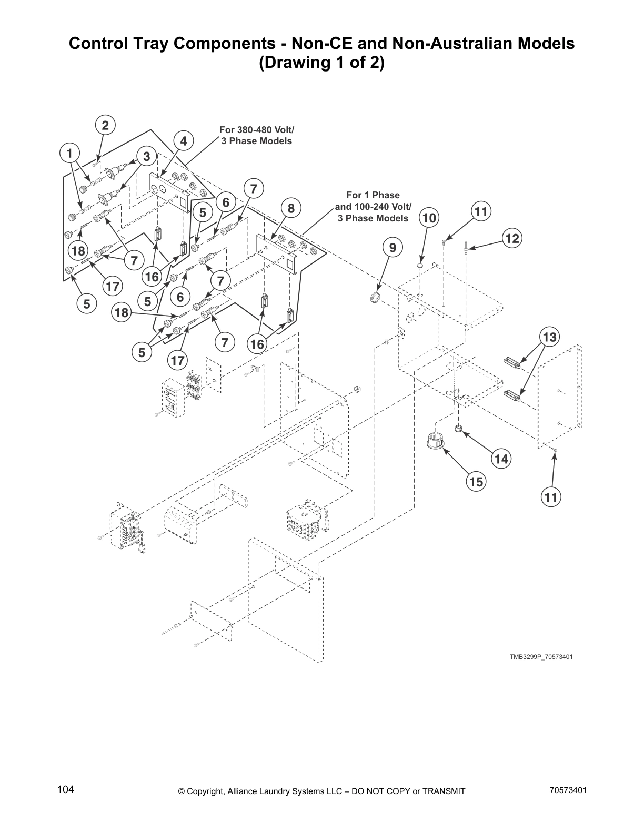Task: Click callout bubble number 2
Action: click(105, 125)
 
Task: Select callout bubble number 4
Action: click(183, 141)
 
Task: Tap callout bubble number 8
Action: click(290, 208)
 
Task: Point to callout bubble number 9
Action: click(393, 247)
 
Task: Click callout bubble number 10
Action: click(429, 218)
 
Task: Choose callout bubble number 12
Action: click(511, 238)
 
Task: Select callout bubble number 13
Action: click(549, 337)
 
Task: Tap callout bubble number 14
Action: click(501, 459)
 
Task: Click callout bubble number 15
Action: click(476, 481)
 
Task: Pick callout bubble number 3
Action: click(146, 156)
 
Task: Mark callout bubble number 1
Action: click(69, 154)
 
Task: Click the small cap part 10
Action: click(420, 267)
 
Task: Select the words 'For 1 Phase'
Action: click(373, 195)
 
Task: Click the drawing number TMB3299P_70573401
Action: click(540, 657)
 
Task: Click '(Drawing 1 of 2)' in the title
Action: click(321, 63)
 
